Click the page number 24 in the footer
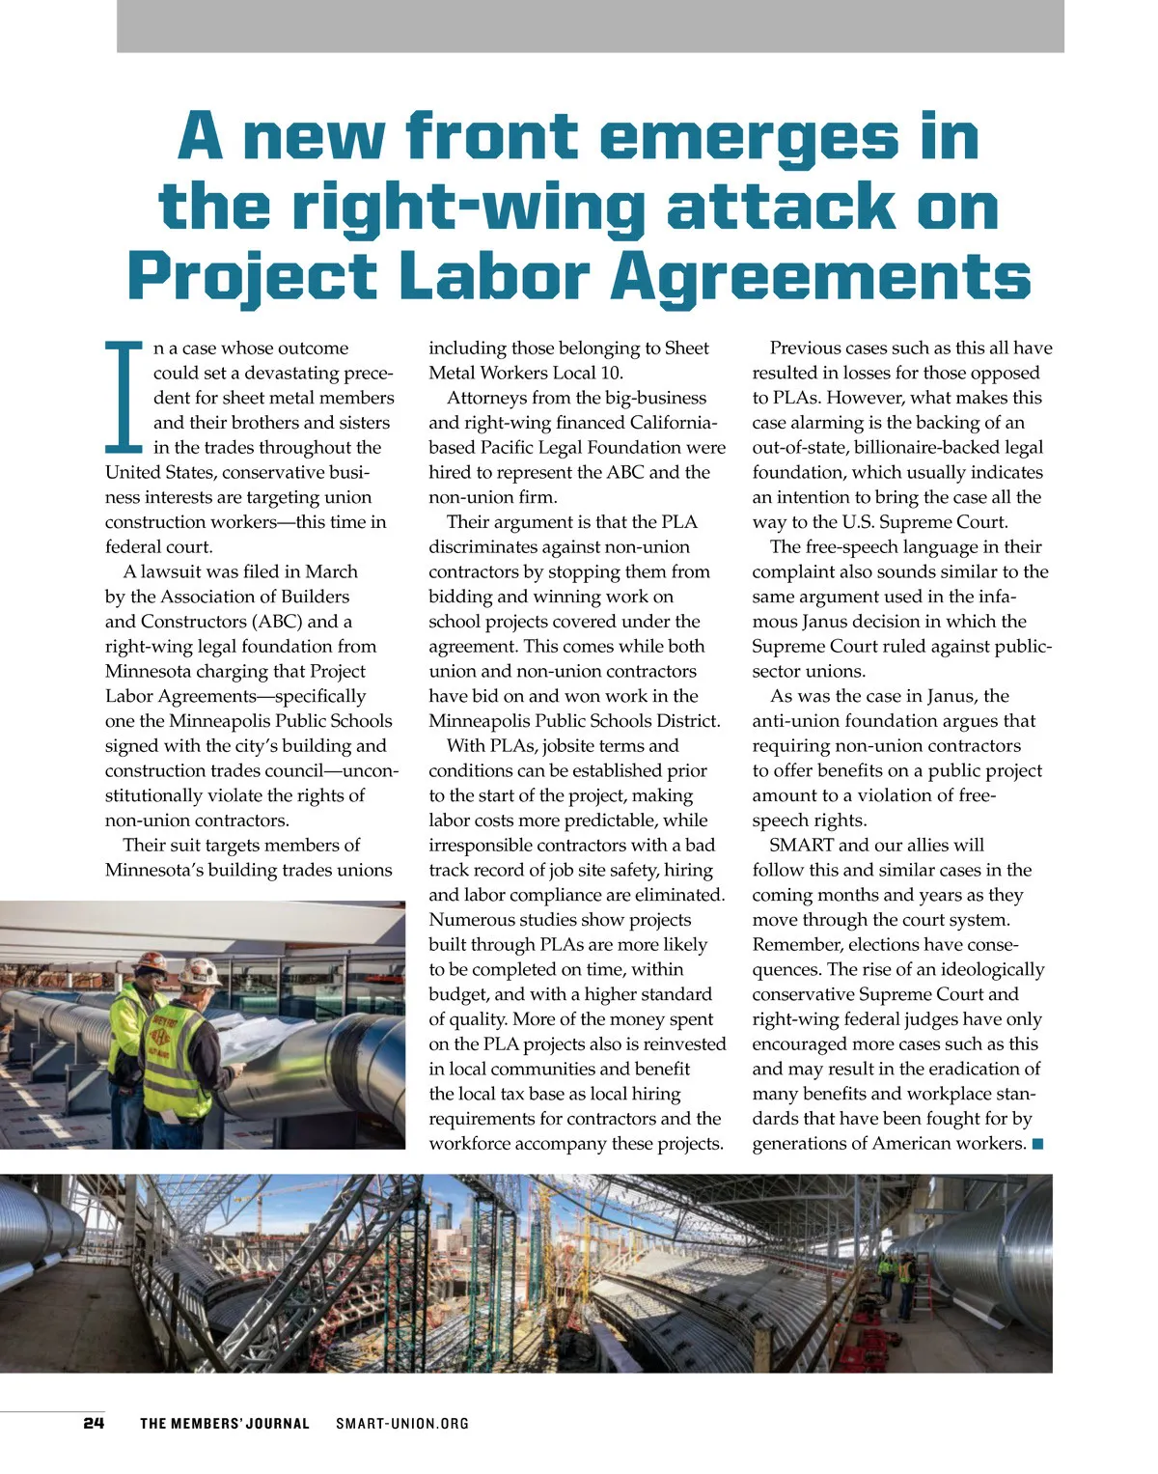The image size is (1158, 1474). [x=94, y=1423]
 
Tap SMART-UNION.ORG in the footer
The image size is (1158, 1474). [x=402, y=1423]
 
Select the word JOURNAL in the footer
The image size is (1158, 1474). [x=280, y=1423]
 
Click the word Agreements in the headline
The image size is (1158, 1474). [x=821, y=277]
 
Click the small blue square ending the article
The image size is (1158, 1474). [x=1038, y=1144]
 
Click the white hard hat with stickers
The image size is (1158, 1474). [x=202, y=971]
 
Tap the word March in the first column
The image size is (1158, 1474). [x=331, y=571]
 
